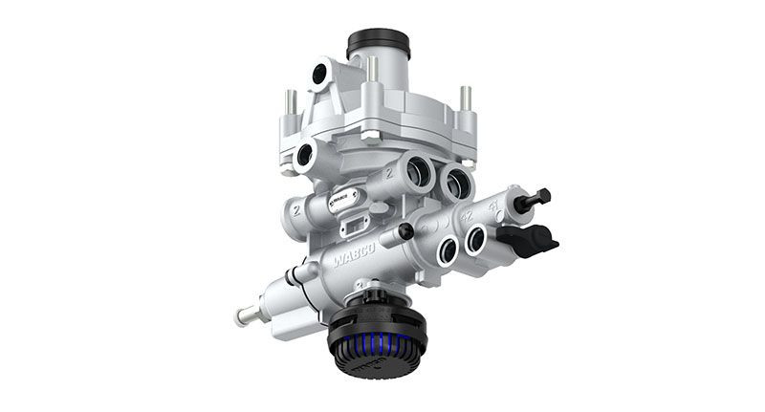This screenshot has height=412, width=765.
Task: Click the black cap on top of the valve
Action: tap(378, 43)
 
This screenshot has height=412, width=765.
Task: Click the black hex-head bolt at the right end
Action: tap(538, 198)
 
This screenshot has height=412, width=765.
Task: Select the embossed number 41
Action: tap(494, 203)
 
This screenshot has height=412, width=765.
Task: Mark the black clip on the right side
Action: tap(532, 239)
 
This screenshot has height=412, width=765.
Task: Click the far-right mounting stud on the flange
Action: tap(465, 98)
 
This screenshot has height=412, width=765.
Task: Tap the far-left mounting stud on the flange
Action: tap(290, 103)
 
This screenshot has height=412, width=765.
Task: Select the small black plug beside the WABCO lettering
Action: tap(407, 231)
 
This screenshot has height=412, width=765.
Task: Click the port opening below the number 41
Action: tap(475, 242)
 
